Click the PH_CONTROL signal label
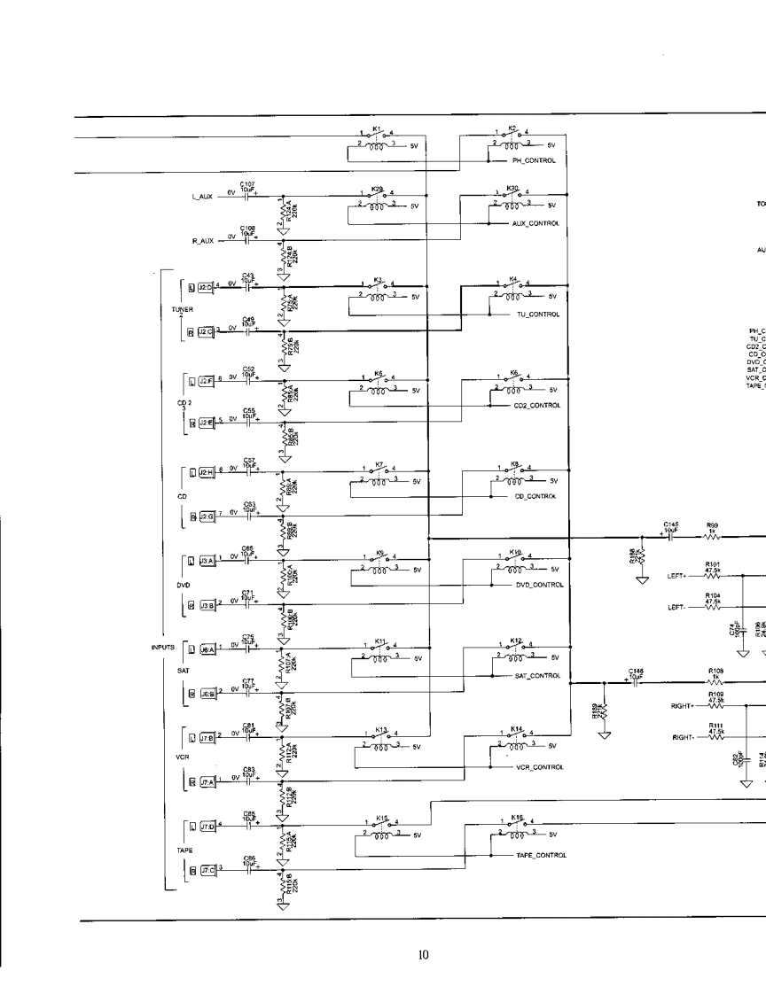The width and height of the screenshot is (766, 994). pyautogui.click(x=534, y=161)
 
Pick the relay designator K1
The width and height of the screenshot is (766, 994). pyautogui.click(x=377, y=128)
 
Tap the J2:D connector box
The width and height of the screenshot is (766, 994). pyautogui.click(x=205, y=287)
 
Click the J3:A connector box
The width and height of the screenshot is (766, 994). pyautogui.click(x=205, y=561)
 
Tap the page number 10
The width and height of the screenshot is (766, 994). pyautogui.click(x=424, y=954)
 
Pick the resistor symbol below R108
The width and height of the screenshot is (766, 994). pyautogui.click(x=712, y=682)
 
